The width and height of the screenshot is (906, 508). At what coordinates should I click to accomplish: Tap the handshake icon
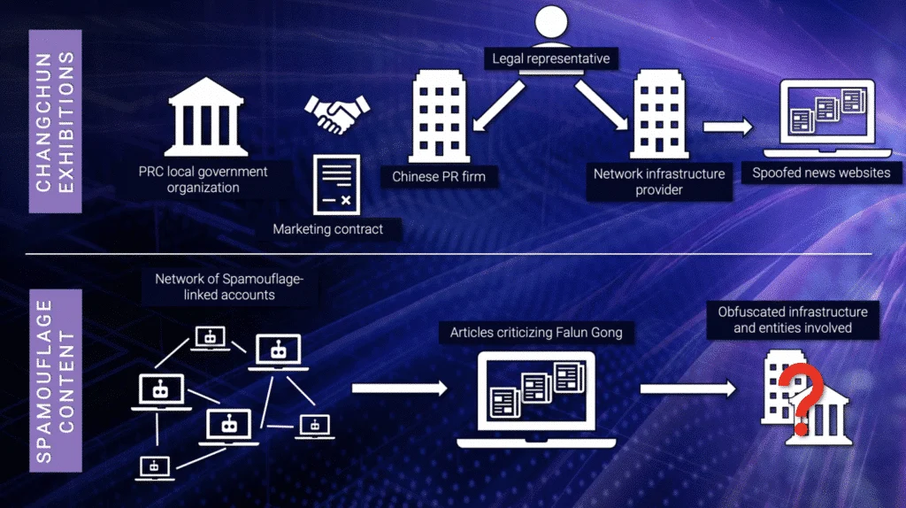point(337,112)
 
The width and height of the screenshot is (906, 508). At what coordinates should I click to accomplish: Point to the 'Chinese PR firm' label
point(439,177)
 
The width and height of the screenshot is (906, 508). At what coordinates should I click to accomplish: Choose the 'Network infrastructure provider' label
point(659,181)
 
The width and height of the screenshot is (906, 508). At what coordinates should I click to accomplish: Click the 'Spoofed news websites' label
point(821,173)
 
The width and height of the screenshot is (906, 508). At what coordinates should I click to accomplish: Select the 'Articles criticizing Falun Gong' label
point(536,333)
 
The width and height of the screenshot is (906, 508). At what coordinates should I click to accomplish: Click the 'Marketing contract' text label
point(328,229)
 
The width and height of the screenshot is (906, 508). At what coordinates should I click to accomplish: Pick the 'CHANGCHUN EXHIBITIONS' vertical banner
point(55,121)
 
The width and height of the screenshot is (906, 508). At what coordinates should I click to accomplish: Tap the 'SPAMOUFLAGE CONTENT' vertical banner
point(55,380)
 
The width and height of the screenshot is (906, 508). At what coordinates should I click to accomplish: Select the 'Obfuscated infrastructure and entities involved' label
point(793,319)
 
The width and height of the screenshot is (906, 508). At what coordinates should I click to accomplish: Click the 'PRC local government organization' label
point(203,180)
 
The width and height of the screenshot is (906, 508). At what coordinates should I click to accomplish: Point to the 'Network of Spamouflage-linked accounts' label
point(228,286)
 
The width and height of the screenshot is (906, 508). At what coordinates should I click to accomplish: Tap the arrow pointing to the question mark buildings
point(689,388)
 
